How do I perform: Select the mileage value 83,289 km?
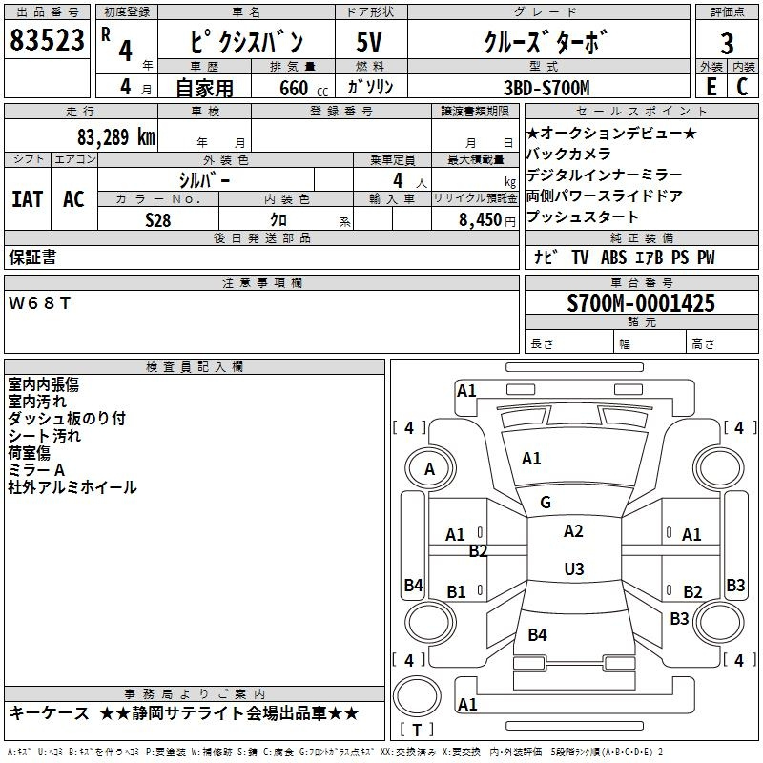tap(115, 136)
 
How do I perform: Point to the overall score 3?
tap(727, 43)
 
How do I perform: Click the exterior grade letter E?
tap(711, 86)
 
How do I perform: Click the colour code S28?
tap(158, 218)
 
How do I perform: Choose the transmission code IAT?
tap(27, 199)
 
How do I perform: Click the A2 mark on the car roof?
tap(573, 531)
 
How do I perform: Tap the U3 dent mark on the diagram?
tap(573, 568)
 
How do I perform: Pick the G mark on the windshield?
tap(546, 502)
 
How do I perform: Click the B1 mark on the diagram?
tap(457, 592)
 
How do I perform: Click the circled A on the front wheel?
tap(429, 468)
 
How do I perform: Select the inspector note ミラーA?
tap(36, 469)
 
